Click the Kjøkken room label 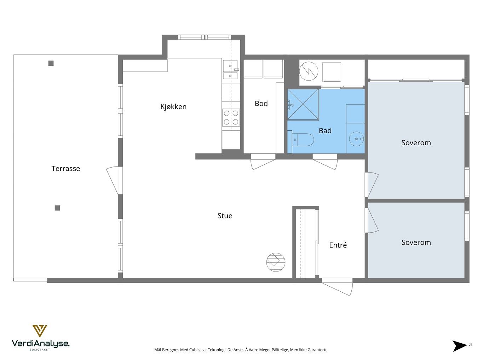[173, 107]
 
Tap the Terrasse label [65, 169]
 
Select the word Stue [225, 216]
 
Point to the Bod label [261, 104]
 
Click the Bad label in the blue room [325, 131]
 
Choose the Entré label [338, 245]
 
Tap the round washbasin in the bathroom [356, 139]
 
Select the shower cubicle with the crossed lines [303, 105]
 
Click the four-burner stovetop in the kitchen [231, 118]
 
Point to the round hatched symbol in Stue [276, 262]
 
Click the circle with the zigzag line [309, 71]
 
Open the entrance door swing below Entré [337, 287]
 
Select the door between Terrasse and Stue [113, 180]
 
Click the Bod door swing [263, 162]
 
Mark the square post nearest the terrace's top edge [51, 63]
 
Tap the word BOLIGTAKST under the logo [40, 350]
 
